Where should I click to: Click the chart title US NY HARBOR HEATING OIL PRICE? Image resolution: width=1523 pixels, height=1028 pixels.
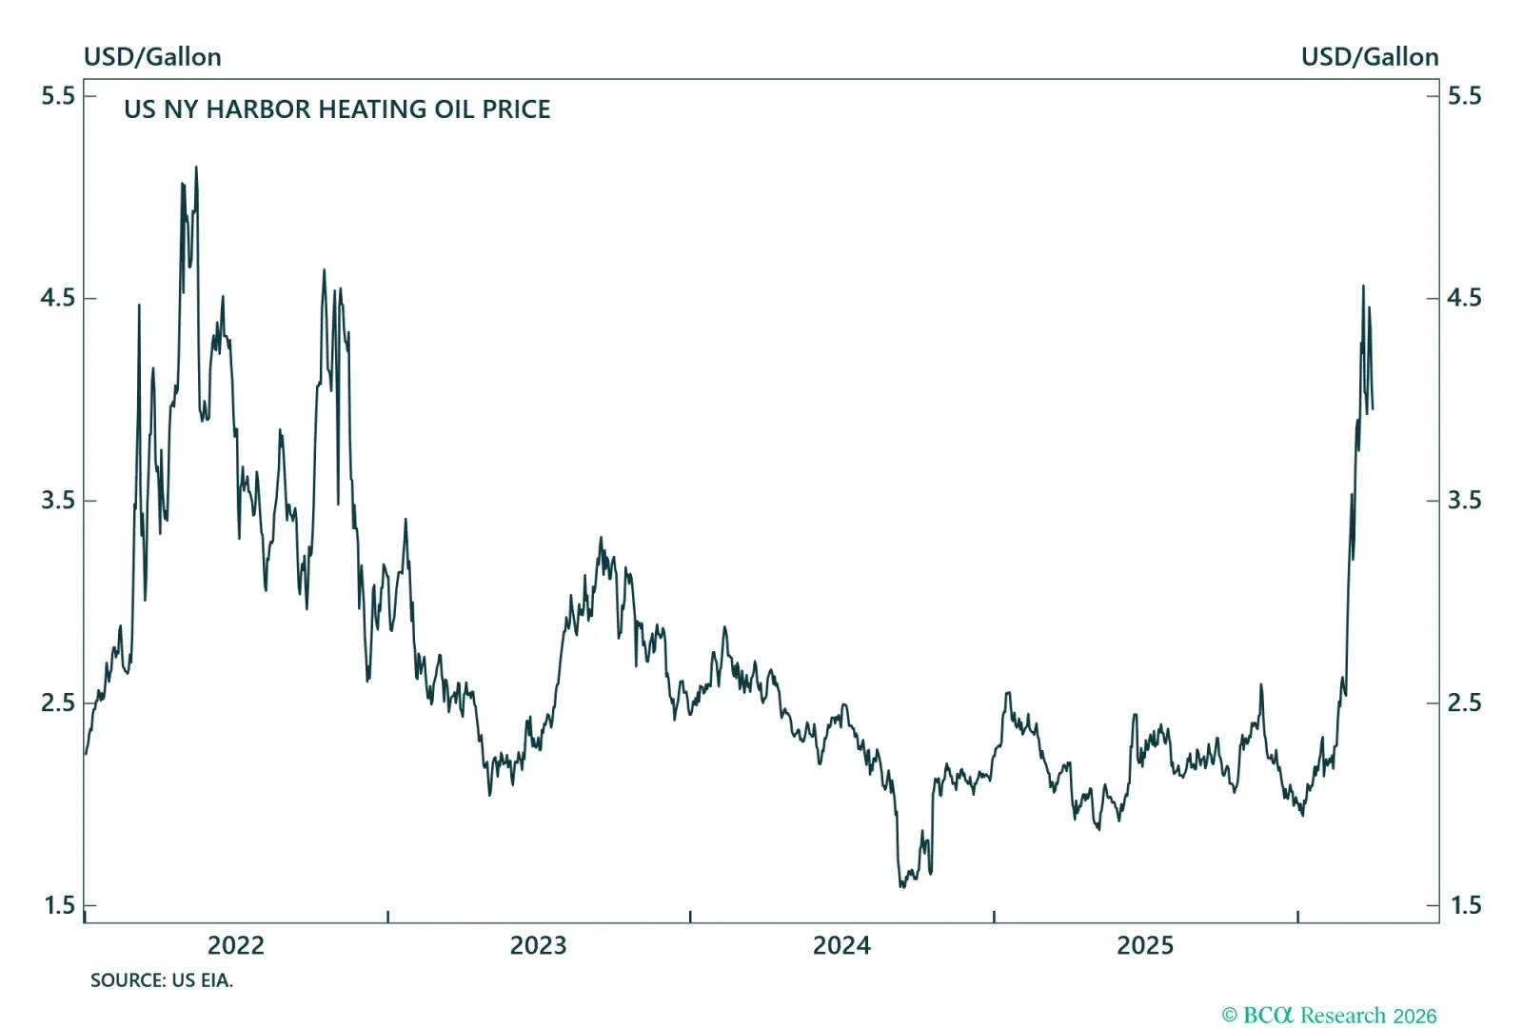[x=337, y=109]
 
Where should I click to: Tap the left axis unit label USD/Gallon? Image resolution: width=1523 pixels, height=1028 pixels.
[x=152, y=57]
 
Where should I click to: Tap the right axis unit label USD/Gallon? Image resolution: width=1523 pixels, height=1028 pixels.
[x=1370, y=57]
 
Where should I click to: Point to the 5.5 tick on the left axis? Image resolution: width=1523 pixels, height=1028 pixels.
[x=57, y=95]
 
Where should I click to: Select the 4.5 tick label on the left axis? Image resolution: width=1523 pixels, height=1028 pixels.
[x=57, y=298]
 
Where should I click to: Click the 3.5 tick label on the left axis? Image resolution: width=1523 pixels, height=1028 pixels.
[x=57, y=501]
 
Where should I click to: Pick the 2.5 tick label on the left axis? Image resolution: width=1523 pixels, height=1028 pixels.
[x=57, y=702]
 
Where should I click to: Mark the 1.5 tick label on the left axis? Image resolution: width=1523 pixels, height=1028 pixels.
[x=57, y=905]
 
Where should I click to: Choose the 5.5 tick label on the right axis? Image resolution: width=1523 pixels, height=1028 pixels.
[x=1464, y=95]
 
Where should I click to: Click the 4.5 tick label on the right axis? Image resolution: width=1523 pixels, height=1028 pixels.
[x=1464, y=298]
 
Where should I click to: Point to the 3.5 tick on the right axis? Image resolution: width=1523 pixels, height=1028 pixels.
[x=1464, y=501]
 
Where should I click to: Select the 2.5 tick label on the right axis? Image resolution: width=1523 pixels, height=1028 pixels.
[x=1464, y=702]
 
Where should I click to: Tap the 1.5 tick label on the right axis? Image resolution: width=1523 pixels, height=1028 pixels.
[x=1464, y=905]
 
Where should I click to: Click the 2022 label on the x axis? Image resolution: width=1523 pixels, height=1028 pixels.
[x=236, y=945]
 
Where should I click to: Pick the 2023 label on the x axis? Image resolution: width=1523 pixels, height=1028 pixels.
[x=539, y=945]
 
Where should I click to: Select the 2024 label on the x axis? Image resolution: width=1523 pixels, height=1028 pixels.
[x=841, y=945]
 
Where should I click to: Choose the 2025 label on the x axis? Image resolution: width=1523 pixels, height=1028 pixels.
[x=1145, y=945]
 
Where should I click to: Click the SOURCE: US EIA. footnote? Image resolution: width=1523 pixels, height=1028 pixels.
[x=162, y=980]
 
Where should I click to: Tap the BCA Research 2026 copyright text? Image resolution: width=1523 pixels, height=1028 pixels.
[x=1330, y=1016]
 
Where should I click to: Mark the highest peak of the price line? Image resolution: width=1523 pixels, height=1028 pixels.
[x=196, y=168]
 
